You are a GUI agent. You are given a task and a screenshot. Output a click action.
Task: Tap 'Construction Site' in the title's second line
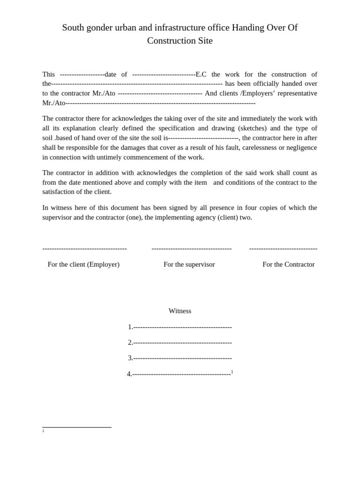tap(180, 41)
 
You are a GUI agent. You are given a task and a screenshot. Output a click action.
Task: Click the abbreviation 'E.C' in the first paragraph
tap(201, 74)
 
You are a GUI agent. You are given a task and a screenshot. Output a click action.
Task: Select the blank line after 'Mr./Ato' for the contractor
tap(160, 93)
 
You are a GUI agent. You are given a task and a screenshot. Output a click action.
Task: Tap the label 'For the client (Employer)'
tap(83, 264)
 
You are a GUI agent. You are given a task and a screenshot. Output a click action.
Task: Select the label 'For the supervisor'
tap(189, 264)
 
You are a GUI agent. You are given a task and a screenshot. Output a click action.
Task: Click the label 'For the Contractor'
tap(288, 264)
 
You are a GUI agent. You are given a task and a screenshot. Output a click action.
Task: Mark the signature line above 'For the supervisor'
tap(191, 248)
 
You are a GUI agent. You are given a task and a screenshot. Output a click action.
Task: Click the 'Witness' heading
tap(180, 311)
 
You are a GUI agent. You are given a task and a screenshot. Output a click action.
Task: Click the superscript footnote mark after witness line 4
tap(232, 372)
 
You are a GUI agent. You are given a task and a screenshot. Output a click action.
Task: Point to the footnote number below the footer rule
tap(44, 431)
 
